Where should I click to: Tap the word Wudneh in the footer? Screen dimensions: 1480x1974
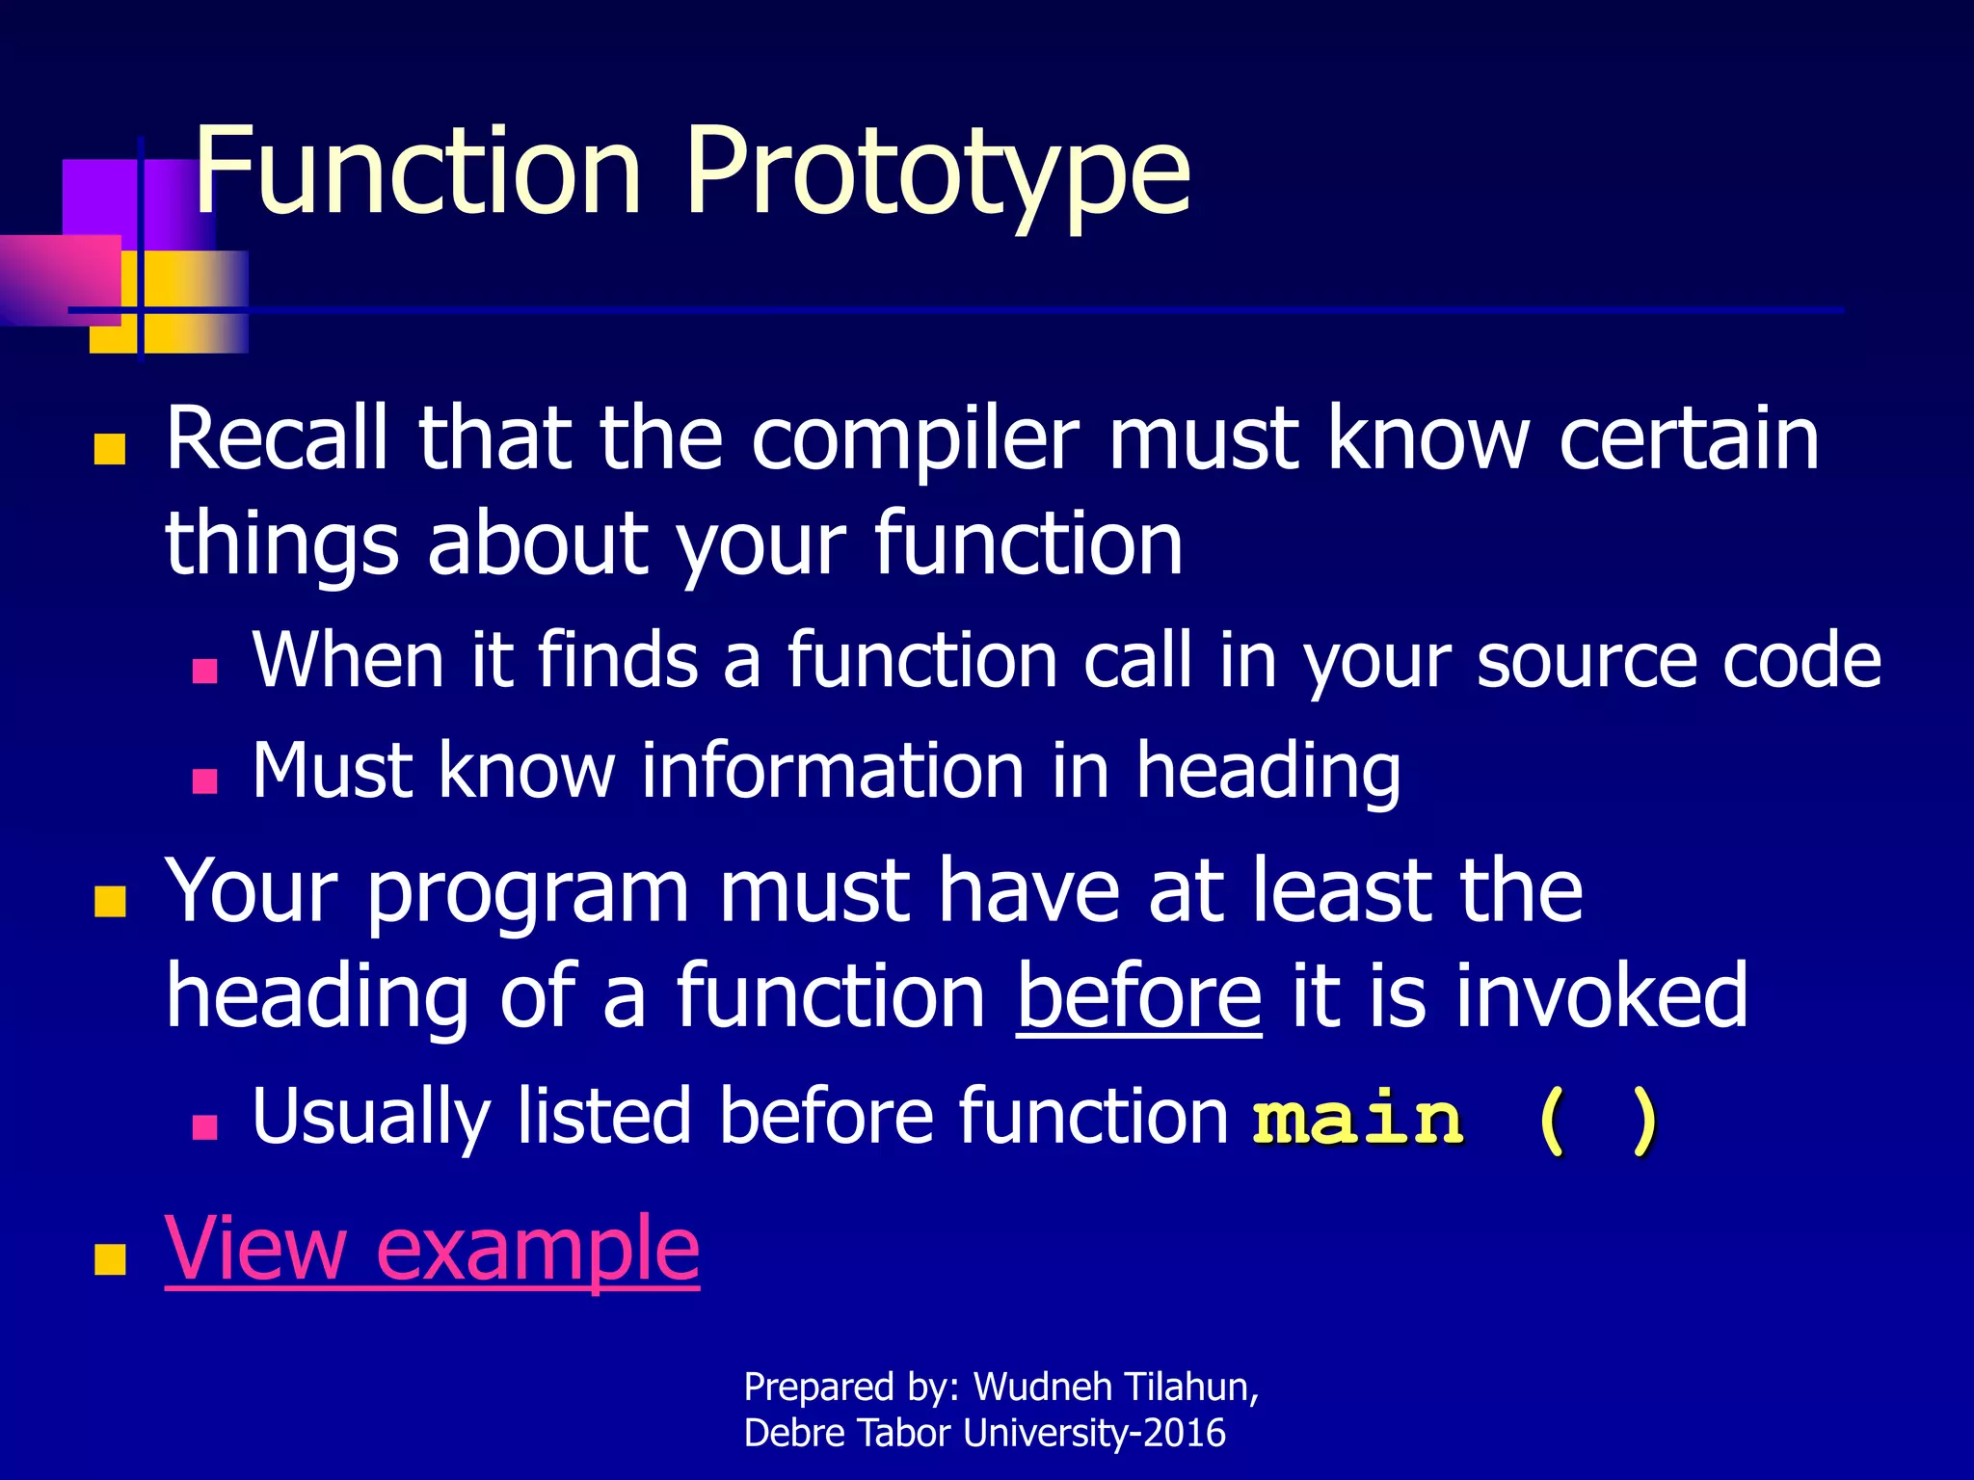click(x=1042, y=1387)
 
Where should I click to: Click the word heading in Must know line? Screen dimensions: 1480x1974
click(x=1267, y=771)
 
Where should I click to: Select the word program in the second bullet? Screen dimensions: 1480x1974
click(x=528, y=891)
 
